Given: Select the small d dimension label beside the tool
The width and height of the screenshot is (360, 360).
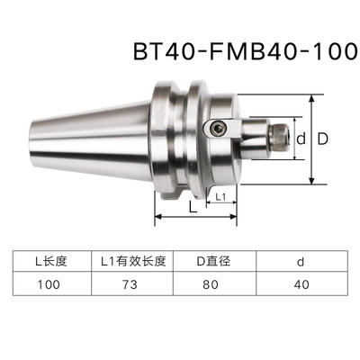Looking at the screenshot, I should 302,139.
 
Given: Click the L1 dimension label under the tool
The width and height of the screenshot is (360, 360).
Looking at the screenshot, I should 221,195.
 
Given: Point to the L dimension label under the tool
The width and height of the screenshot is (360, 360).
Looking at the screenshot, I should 193,207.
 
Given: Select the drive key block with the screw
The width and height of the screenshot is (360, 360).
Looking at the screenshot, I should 219,129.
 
